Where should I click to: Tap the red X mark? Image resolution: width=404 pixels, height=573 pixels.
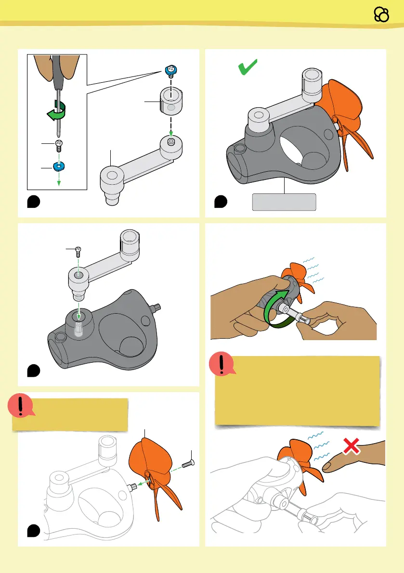(352, 447)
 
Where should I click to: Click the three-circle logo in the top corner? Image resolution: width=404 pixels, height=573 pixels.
(381, 15)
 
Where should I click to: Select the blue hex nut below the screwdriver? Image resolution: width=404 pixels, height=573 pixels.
(59, 166)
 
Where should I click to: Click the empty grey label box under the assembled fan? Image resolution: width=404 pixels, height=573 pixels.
(284, 202)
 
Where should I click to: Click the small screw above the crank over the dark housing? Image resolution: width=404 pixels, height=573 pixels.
(78, 250)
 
